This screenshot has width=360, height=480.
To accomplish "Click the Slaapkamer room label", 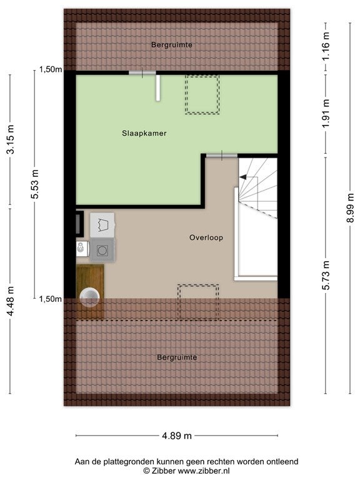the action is pyautogui.click(x=144, y=133).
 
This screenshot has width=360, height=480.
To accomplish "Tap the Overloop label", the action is pyautogui.click(x=206, y=237).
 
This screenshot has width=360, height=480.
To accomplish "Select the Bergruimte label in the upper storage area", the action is pyautogui.click(x=172, y=45).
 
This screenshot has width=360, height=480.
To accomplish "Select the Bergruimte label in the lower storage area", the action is pyautogui.click(x=177, y=357).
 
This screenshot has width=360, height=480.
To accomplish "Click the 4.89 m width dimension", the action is pyautogui.click(x=177, y=435).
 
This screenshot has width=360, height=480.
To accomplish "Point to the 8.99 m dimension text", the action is pyautogui.click(x=350, y=208).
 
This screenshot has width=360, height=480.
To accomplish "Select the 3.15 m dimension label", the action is pyautogui.click(x=11, y=139).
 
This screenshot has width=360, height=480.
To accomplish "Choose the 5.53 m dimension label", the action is pyautogui.click(x=35, y=184).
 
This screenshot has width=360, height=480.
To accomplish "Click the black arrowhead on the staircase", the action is pyautogui.click(x=243, y=177).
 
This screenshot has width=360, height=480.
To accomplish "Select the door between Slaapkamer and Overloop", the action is pyautogui.click(x=222, y=156).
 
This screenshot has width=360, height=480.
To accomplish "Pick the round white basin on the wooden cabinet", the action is pyautogui.click(x=89, y=297).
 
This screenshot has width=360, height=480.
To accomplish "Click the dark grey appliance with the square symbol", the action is pyautogui.click(x=102, y=251).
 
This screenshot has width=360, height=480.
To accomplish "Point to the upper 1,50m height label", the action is pyautogui.click(x=51, y=69).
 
